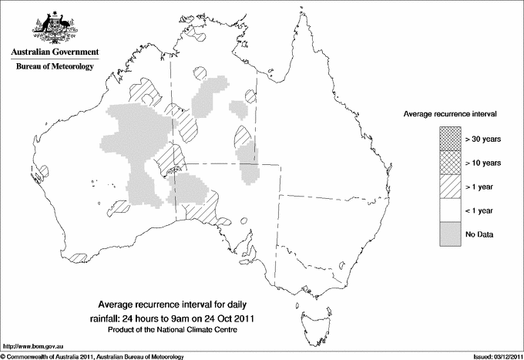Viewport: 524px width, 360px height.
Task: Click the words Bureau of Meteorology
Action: tap(55, 67)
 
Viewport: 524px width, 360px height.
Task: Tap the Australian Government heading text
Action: tap(55, 52)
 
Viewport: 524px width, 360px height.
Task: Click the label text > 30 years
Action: tap(483, 139)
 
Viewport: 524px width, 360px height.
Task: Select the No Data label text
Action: tap(479, 234)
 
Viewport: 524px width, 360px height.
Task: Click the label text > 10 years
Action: tap(483, 163)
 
